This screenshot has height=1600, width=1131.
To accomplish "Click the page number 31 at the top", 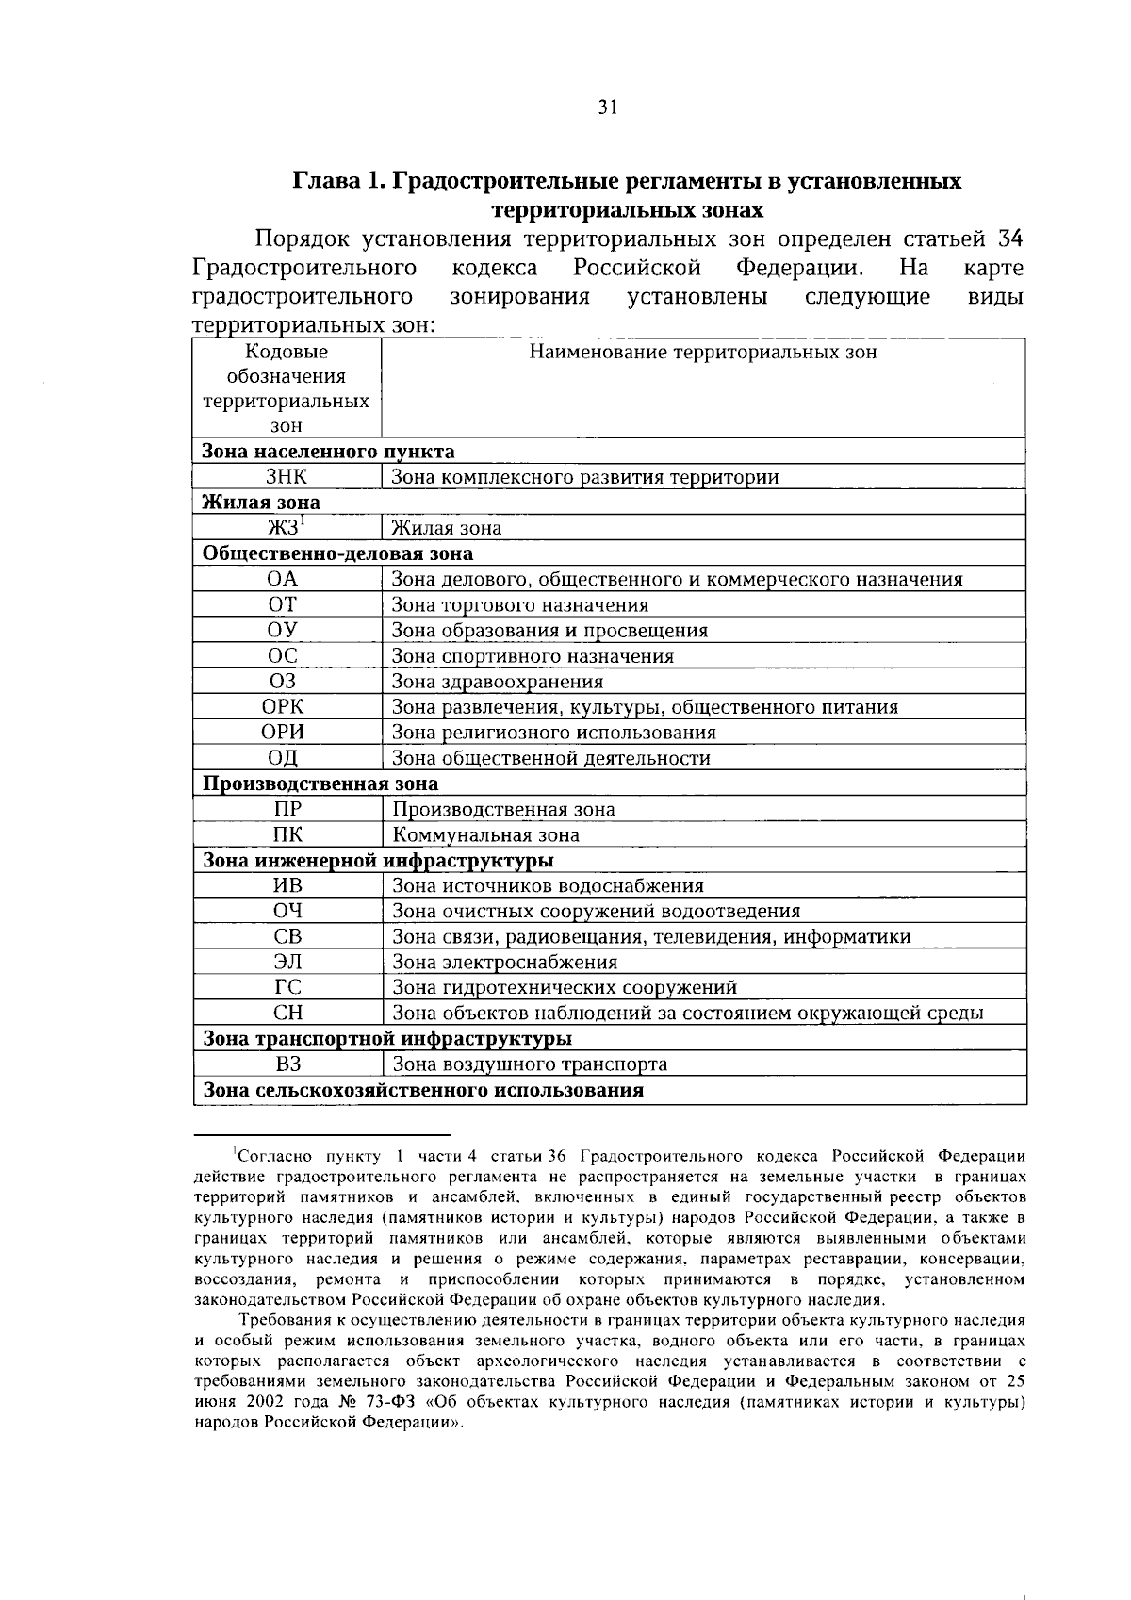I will pyautogui.click(x=607, y=107).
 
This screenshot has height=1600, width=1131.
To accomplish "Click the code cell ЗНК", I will pyautogui.click(x=287, y=477).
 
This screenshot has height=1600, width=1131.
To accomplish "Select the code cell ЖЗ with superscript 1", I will pyautogui.click(x=287, y=527).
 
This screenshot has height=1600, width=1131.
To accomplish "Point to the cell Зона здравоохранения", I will pyautogui.click(x=497, y=681).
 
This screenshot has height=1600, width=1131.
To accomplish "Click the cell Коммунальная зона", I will pyautogui.click(x=485, y=834).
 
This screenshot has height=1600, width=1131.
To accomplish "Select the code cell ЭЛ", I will pyautogui.click(x=287, y=962).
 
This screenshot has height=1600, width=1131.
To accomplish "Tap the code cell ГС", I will pyautogui.click(x=287, y=987).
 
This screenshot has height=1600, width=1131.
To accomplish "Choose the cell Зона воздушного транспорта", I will pyautogui.click(x=529, y=1064).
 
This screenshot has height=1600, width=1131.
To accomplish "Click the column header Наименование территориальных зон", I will pyautogui.click(x=702, y=353).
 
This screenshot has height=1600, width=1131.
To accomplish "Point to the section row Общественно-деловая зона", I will pyautogui.click(x=338, y=553).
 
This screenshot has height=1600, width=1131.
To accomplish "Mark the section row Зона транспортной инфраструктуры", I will pyautogui.click(x=387, y=1039).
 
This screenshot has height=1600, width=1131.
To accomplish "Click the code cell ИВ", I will pyautogui.click(x=287, y=885).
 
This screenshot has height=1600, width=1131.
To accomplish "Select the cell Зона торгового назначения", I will pyautogui.click(x=519, y=605).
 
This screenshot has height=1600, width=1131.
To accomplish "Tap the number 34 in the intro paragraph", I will pyautogui.click(x=1009, y=239).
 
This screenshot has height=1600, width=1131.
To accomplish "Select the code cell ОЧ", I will pyautogui.click(x=287, y=911).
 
